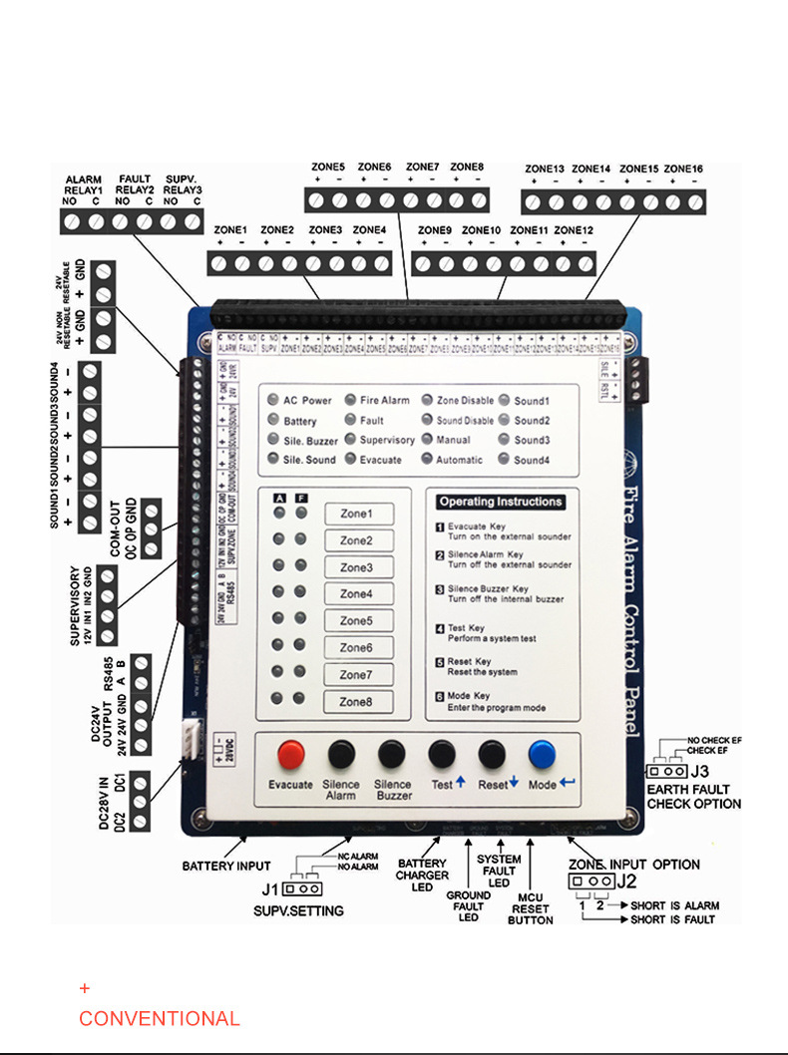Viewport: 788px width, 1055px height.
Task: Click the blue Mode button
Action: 543,754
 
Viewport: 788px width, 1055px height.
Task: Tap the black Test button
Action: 442,754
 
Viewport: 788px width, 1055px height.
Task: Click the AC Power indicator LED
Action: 273,401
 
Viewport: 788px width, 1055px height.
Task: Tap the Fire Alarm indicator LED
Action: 350,401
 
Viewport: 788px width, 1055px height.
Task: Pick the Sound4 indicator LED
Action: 504,461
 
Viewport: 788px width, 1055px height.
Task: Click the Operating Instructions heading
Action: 500,502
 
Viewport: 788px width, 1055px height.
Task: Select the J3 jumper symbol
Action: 665,771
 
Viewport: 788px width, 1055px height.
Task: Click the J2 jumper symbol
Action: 590,881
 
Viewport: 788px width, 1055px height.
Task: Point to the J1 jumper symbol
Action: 301,888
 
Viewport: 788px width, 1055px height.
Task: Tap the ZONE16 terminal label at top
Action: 683,170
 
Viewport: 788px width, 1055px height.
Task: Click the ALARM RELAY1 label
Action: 84,184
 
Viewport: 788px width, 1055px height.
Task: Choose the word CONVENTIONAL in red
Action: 160,1019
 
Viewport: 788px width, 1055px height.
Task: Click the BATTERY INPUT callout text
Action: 226,867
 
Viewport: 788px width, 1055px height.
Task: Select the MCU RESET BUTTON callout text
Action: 531,908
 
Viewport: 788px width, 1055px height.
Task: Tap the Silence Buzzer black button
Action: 393,754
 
